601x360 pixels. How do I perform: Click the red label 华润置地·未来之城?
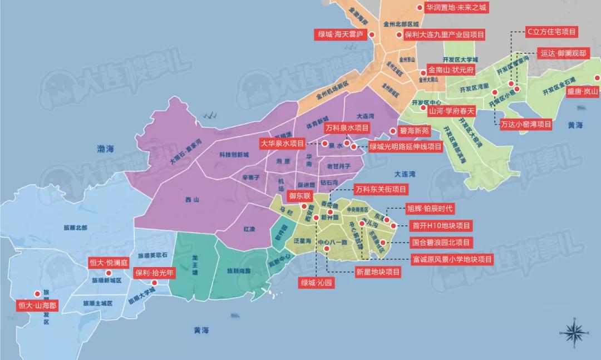(x=456, y=8)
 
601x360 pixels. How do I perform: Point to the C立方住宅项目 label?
(x=551, y=32)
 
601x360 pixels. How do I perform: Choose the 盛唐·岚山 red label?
(x=583, y=91)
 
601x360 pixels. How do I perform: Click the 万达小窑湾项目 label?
(x=525, y=125)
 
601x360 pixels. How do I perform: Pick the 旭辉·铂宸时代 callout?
(x=431, y=209)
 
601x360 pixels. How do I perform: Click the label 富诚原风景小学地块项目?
(x=452, y=259)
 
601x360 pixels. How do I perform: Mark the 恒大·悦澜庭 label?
(x=109, y=262)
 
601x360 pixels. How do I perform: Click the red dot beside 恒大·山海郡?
(x=37, y=294)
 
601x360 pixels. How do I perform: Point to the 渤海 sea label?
(x=102, y=149)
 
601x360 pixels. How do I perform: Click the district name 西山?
(x=193, y=199)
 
